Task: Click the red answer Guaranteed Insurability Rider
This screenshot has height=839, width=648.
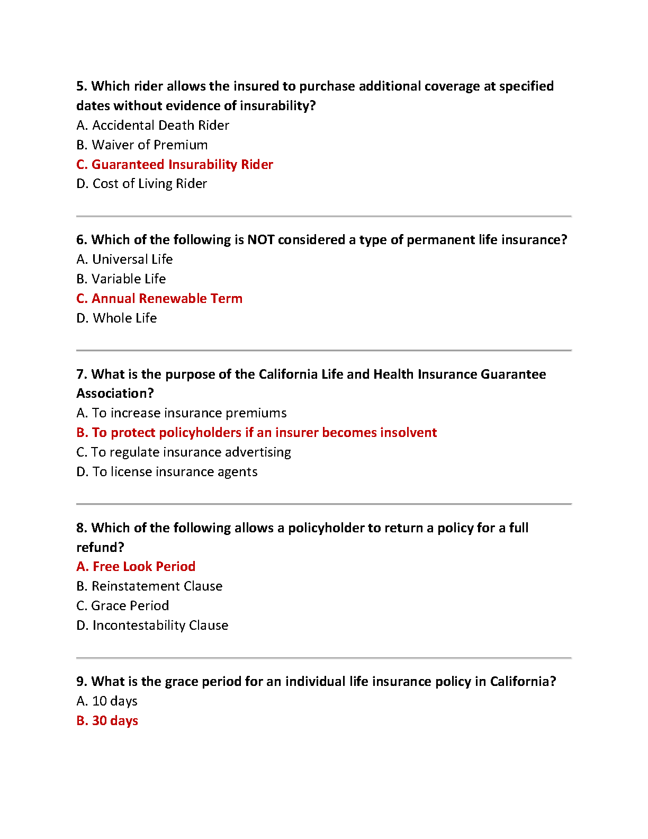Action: (175, 164)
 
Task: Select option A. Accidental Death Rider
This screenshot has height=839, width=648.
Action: (152, 126)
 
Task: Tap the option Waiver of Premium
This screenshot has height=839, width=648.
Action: (142, 145)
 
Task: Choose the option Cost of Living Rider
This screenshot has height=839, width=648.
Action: (141, 184)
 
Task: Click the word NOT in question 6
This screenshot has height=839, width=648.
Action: (261, 240)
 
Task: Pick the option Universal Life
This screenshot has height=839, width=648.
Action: (124, 260)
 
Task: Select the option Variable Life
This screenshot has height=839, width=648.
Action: (121, 279)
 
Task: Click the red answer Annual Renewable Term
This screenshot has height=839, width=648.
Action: (159, 299)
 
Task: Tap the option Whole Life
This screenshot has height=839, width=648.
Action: (116, 318)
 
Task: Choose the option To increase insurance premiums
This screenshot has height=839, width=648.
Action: (182, 413)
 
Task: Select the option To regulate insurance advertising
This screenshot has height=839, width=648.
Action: (184, 452)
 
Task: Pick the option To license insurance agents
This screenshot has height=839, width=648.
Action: (167, 472)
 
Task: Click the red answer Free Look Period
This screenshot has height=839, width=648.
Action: (136, 567)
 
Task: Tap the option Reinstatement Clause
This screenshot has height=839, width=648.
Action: (149, 586)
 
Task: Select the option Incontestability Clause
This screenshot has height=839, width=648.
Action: (152, 626)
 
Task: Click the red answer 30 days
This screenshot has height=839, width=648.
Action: (107, 721)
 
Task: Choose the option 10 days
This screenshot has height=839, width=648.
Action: (107, 701)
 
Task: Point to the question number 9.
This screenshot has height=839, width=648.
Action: (82, 682)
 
